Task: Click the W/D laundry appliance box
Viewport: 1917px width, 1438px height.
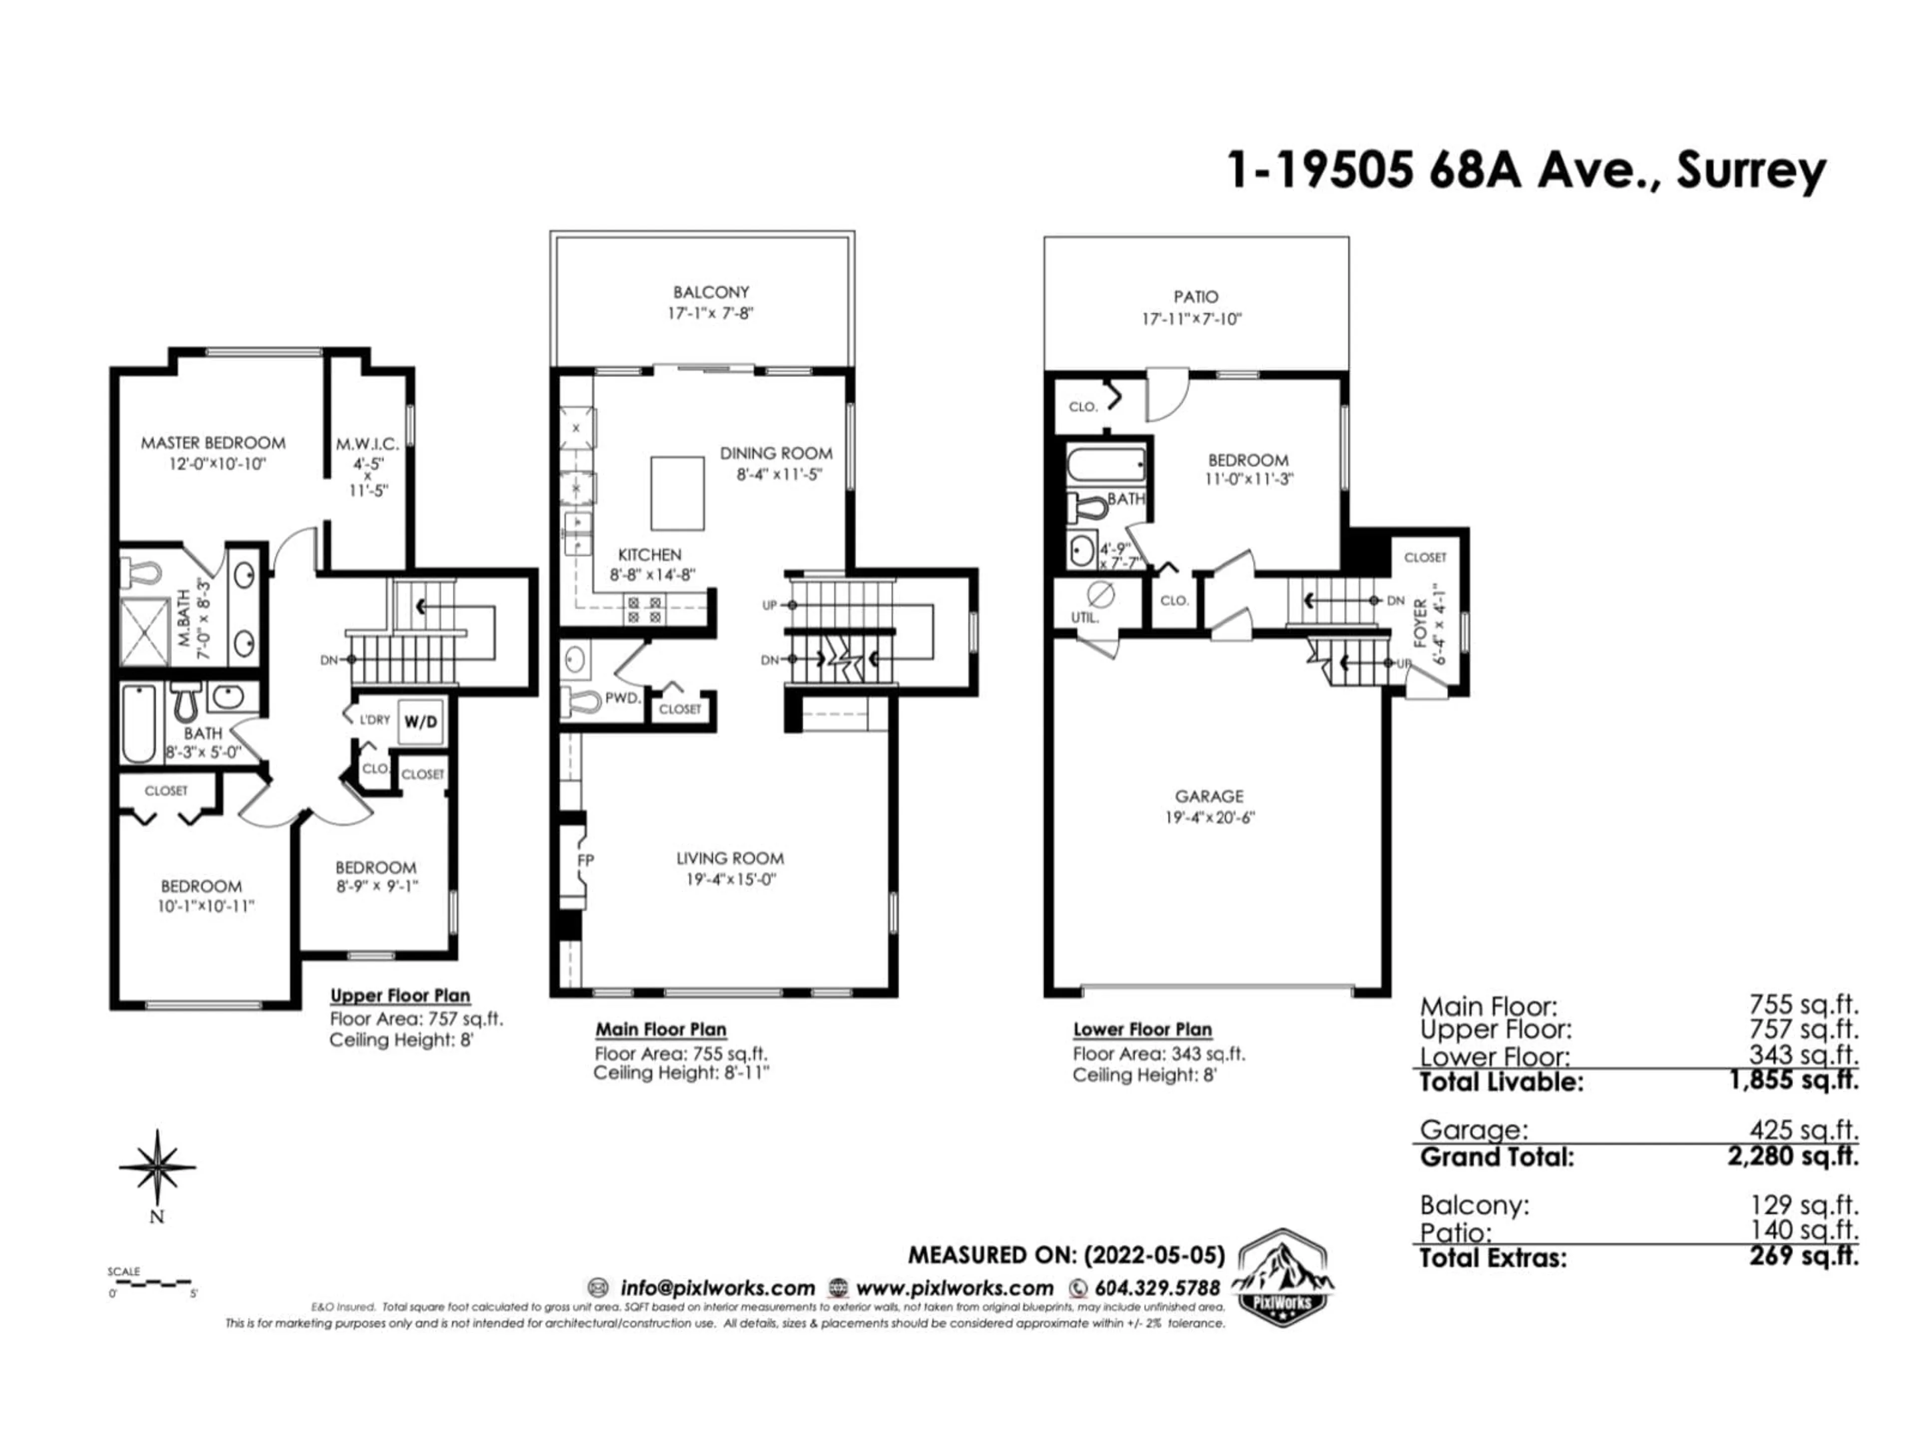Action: (x=421, y=721)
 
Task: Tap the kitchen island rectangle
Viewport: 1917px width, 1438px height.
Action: (x=678, y=493)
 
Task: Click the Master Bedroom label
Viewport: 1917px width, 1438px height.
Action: (x=213, y=443)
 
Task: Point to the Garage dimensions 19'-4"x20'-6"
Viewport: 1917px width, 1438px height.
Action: (x=1210, y=817)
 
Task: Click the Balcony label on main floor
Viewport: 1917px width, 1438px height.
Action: (x=711, y=292)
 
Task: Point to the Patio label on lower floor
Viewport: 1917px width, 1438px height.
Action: (x=1196, y=297)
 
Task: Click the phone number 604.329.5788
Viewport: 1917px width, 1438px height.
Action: (x=1157, y=1288)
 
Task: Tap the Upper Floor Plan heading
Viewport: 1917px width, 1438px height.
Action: (x=400, y=996)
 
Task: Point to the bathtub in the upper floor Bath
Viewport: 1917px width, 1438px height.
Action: (x=139, y=724)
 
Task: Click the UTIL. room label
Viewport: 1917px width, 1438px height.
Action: (x=1084, y=618)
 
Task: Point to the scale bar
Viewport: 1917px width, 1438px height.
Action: (x=152, y=1282)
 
